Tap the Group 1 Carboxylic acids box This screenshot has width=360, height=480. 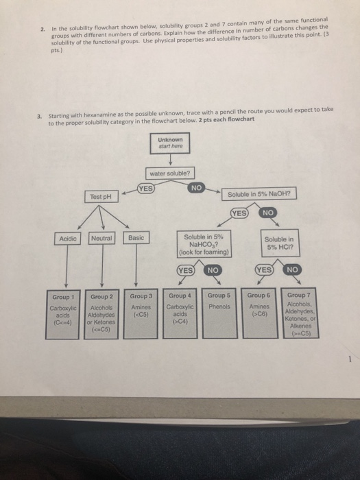coord(67,309)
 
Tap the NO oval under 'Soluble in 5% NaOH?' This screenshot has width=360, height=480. coord(269,213)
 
